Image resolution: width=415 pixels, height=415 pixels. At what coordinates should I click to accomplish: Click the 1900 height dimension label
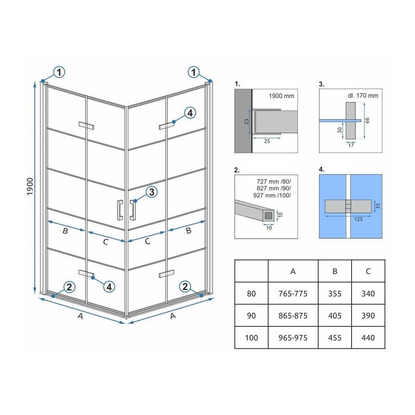(30, 187)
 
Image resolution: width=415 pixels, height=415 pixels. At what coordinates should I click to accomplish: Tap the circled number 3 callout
(151, 192)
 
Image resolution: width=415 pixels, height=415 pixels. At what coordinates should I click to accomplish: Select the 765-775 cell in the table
(293, 293)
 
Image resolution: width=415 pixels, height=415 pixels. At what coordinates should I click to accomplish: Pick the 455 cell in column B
(334, 338)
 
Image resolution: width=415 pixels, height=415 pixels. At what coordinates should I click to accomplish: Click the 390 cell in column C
(368, 315)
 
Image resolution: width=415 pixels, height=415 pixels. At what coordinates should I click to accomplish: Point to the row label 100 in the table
(251, 338)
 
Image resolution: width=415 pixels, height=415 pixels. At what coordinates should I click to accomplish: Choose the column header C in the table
(368, 271)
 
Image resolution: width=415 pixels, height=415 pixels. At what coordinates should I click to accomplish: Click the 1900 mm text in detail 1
(281, 96)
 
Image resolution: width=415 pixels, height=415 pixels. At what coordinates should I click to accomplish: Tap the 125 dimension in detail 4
(359, 219)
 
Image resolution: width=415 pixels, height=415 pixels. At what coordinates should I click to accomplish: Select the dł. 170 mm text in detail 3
(363, 95)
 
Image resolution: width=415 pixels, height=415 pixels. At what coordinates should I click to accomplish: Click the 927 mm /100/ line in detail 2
(272, 195)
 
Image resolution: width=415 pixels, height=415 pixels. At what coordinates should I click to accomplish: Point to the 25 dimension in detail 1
(267, 142)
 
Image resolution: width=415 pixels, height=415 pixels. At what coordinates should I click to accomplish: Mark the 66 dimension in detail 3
(367, 120)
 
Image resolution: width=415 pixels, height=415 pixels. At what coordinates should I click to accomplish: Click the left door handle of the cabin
(120, 210)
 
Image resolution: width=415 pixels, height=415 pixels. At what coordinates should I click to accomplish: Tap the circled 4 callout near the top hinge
(190, 113)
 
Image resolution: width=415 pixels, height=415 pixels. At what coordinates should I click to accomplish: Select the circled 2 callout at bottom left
(69, 287)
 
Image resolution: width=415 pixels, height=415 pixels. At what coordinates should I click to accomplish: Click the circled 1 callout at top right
(194, 72)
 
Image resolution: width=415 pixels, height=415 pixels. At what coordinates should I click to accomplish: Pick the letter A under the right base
(173, 316)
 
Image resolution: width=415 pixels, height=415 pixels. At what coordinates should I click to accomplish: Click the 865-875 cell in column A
(293, 315)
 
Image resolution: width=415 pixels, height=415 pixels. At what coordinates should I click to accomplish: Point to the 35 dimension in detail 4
(378, 206)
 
